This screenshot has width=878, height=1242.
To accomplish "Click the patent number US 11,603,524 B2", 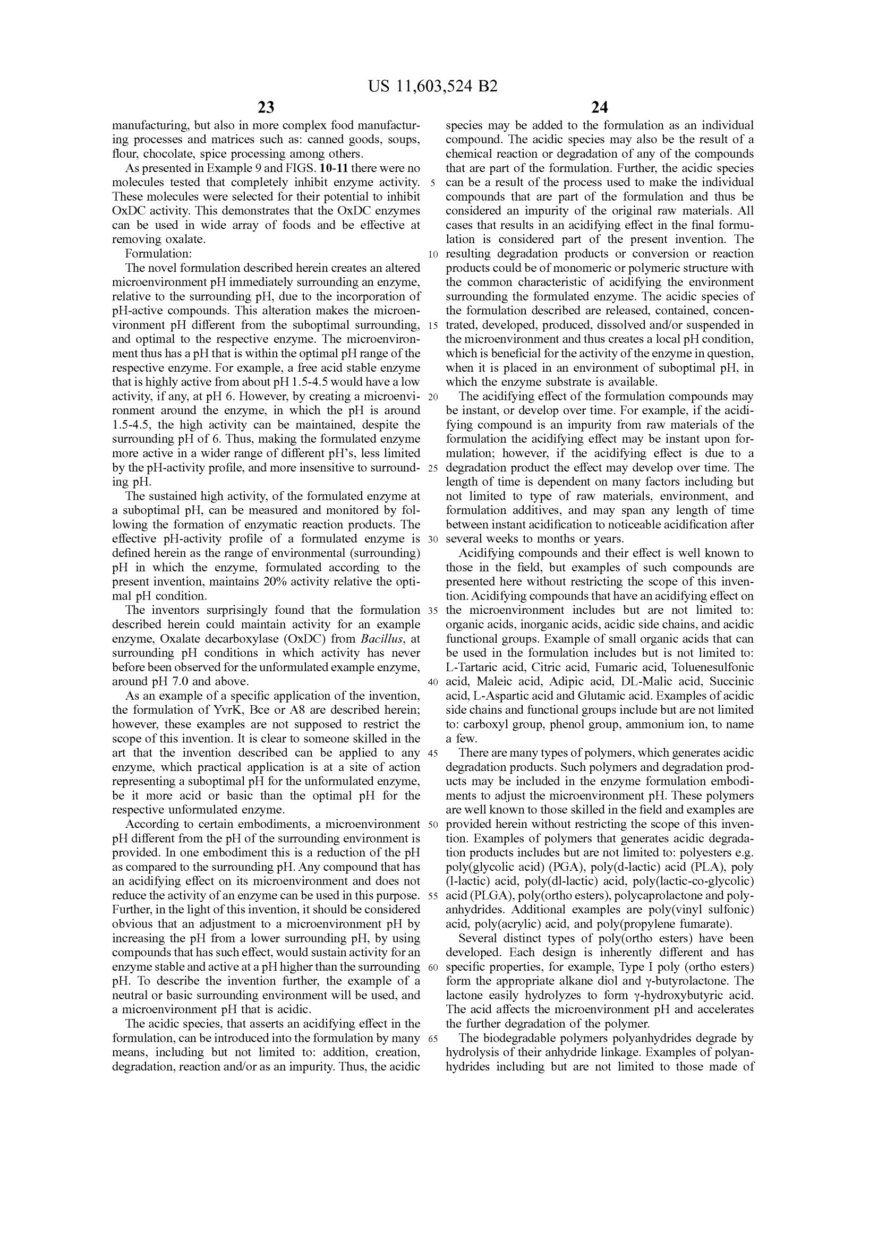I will point(432,87).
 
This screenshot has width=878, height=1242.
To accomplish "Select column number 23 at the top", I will point(266,108).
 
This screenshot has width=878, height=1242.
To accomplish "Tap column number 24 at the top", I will point(599,108).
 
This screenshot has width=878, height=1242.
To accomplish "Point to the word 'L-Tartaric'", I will point(470,667).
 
